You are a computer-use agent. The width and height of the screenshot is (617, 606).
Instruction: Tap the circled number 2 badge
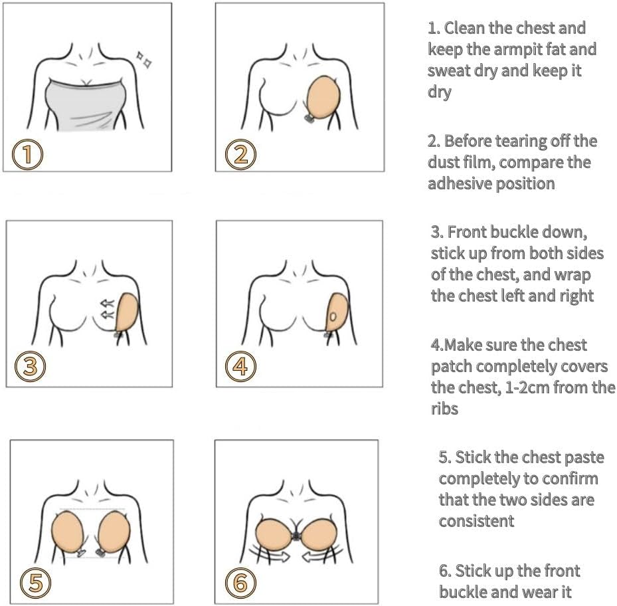240,154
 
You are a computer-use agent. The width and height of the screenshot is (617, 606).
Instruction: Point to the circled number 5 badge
34,583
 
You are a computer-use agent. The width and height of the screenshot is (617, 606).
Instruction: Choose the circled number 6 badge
240,583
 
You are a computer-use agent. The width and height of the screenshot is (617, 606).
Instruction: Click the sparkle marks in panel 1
143,59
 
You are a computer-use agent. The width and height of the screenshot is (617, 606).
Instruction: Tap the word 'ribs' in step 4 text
444,408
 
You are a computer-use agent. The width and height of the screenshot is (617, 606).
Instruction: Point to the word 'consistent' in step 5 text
476,521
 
